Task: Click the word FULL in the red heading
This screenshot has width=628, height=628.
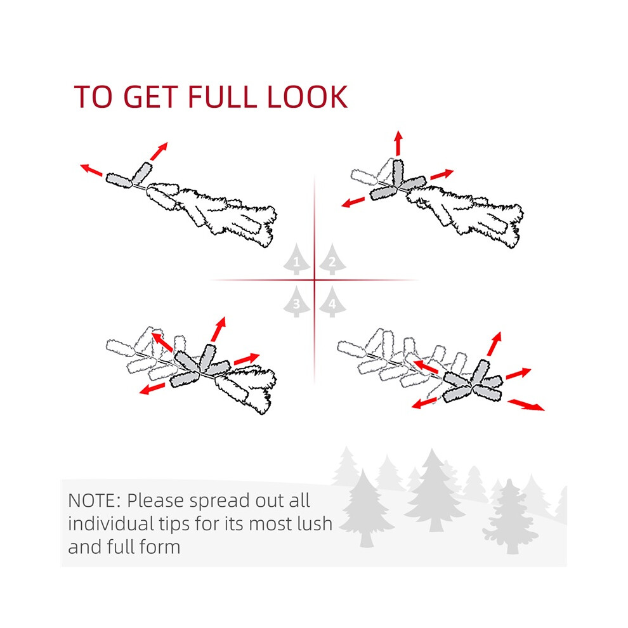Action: click(222, 96)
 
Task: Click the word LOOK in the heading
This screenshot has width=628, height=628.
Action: click(307, 96)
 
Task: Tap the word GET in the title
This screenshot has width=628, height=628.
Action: click(150, 96)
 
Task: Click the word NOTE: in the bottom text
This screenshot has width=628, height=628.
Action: click(94, 500)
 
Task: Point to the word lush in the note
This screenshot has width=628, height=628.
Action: click(315, 523)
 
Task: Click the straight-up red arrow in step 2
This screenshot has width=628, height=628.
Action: click(398, 143)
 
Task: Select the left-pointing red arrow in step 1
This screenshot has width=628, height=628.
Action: click(91, 170)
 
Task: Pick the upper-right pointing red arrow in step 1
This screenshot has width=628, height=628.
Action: click(159, 151)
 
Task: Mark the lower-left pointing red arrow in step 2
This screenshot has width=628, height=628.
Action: click(353, 202)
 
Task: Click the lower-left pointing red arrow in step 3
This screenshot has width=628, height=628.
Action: click(152, 388)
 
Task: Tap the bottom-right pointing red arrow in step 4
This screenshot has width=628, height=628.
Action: click(526, 405)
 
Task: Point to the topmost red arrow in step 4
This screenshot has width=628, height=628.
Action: click(494, 344)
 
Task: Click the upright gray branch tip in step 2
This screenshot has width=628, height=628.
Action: click(398, 173)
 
